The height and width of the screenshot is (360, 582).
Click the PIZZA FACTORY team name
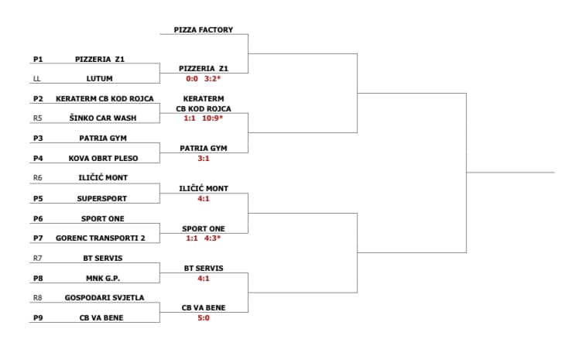pyautogui.click(x=204, y=29)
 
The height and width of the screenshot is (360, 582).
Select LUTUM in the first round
pyautogui.click(x=100, y=79)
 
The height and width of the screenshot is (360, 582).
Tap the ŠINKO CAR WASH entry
pyautogui.click(x=103, y=118)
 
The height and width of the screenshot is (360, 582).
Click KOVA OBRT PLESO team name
pyautogui.click(x=103, y=158)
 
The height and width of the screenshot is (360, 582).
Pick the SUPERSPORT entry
pyautogui.click(x=102, y=198)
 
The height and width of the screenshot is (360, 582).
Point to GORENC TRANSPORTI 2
pyautogui.click(x=100, y=238)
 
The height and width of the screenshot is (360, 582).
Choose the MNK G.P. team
pyautogui.click(x=103, y=278)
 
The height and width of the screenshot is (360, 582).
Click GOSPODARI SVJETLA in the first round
pyautogui.click(x=104, y=297)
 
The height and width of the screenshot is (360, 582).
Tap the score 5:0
pyautogui.click(x=204, y=317)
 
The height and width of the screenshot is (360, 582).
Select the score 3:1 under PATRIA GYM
pyautogui.click(x=204, y=158)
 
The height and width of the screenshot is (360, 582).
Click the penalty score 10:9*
pyautogui.click(x=213, y=118)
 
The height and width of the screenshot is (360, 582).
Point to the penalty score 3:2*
pyautogui.click(x=212, y=79)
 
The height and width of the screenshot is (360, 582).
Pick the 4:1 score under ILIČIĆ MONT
pyautogui.click(x=204, y=198)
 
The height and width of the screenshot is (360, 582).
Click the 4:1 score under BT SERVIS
pyautogui.click(x=204, y=279)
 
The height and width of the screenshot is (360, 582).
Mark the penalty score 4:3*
pyautogui.click(x=212, y=238)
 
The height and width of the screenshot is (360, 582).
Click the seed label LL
pyautogui.click(x=36, y=79)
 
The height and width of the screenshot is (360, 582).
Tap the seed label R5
pyautogui.click(x=37, y=118)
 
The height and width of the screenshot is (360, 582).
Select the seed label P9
pyautogui.click(x=38, y=317)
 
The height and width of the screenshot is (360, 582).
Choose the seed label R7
pyautogui.click(x=37, y=258)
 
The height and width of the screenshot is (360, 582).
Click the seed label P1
pyautogui.click(x=38, y=59)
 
